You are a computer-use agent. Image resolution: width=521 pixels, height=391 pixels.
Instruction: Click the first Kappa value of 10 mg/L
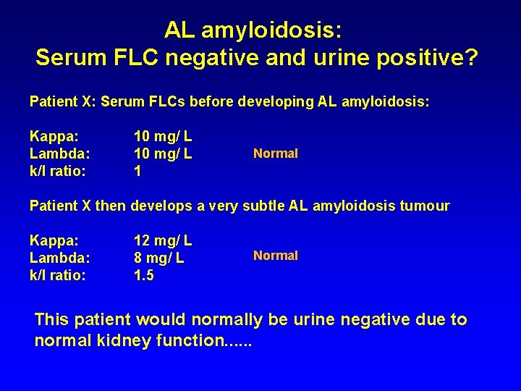[163, 135]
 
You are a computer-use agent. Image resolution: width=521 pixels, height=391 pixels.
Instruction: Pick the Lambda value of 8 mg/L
[158, 257]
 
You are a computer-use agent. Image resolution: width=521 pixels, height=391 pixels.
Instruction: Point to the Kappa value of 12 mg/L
[163, 240]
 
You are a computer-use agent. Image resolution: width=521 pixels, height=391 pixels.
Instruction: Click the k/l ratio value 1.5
[144, 274]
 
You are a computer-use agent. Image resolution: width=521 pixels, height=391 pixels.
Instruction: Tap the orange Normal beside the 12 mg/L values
[275, 256]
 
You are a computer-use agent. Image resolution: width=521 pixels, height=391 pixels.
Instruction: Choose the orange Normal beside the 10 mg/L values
[275, 154]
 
